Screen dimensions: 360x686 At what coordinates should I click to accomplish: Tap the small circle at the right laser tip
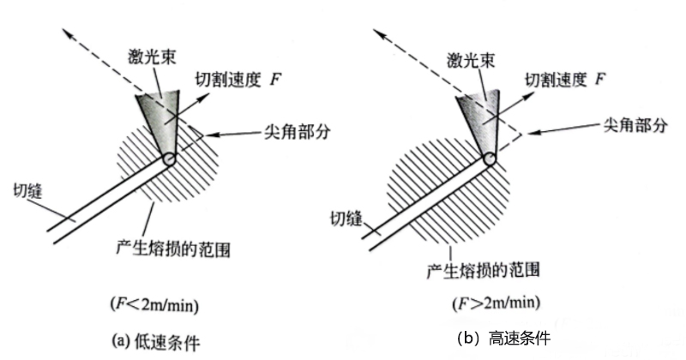point(490,159)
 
